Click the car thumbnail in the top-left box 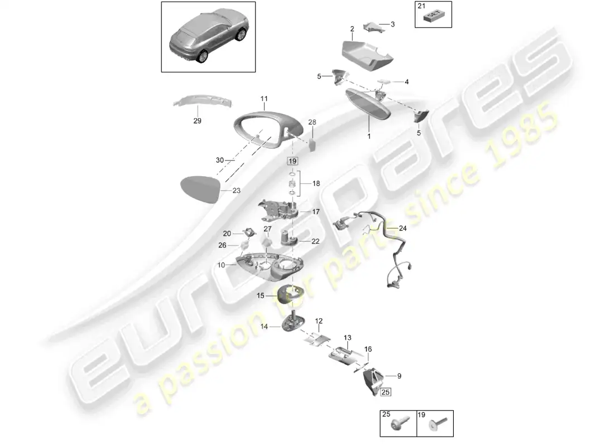pos(208,36)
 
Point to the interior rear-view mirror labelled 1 pos(368,105)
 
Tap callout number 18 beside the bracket pos(316,183)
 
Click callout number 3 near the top pos(392,24)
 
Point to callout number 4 pos(407,82)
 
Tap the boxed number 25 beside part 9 pos(385,392)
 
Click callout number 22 pos(315,241)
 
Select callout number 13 pos(347,337)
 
